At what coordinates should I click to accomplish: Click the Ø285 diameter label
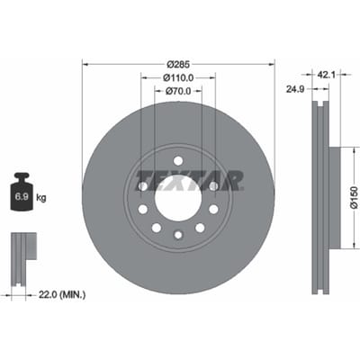click(178, 64)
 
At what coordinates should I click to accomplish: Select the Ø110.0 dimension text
click(178, 77)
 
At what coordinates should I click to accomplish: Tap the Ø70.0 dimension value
click(178, 91)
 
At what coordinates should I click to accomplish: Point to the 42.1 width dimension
click(326, 74)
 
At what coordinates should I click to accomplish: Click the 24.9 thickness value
click(295, 89)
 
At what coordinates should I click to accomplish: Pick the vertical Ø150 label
click(355, 197)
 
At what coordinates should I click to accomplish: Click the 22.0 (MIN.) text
click(62, 295)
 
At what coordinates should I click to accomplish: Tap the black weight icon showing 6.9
click(22, 192)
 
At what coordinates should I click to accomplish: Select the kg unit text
click(41, 198)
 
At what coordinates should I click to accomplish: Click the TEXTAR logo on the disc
click(190, 181)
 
